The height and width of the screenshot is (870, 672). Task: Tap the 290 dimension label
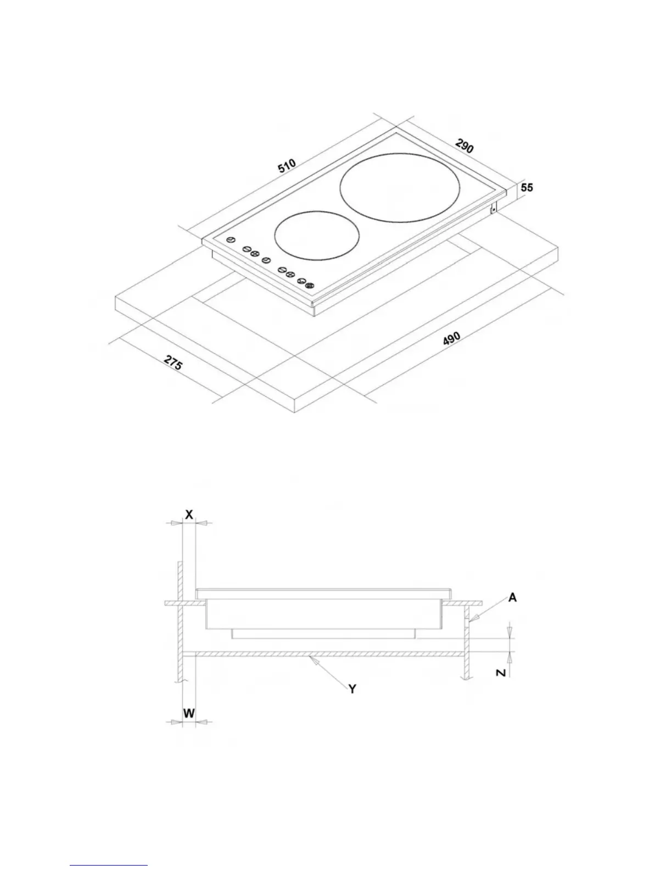464,146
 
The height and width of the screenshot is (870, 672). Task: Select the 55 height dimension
527,188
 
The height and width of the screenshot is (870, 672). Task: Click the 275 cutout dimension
173,364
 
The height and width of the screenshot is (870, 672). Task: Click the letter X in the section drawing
189,515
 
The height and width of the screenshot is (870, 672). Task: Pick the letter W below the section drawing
189,713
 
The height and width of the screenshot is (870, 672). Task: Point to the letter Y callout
352,688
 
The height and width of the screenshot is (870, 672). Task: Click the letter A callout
512,598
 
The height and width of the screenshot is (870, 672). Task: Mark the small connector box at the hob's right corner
494,207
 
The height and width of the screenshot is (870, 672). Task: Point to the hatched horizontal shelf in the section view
329,654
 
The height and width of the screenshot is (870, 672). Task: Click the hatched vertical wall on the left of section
180,621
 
